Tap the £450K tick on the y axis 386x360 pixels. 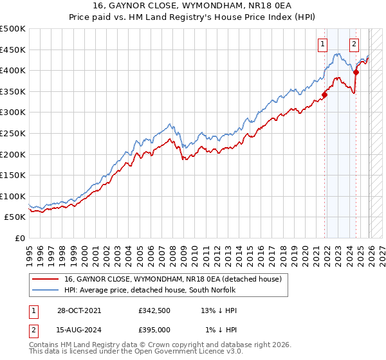(13, 50)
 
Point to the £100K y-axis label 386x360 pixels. (13, 196)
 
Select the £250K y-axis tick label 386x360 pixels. (13, 133)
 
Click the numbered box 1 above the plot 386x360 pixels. (322, 44)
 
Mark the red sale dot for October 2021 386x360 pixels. (325, 95)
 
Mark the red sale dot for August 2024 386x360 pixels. (356, 73)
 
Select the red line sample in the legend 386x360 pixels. (46, 279)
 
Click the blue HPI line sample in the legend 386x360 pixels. (46, 291)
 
